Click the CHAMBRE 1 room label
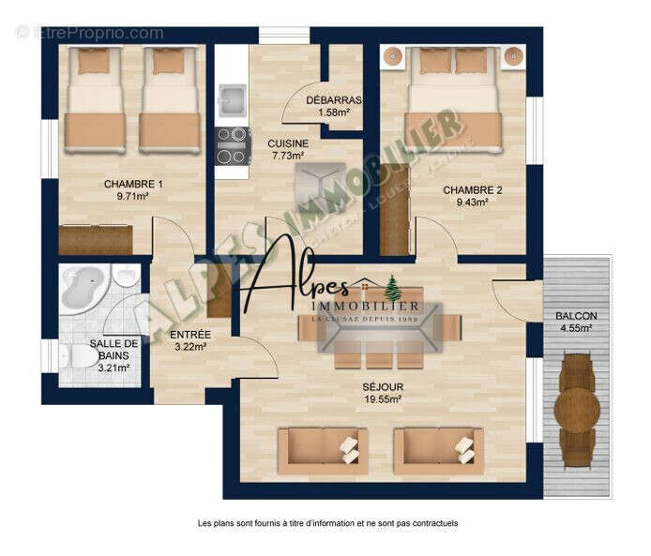[x=133, y=184]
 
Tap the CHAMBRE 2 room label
[x=472, y=189]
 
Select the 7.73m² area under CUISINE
[x=287, y=156]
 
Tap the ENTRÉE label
[x=189, y=335]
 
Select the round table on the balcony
[x=576, y=405]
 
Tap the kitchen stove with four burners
[x=233, y=145]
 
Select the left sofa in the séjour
[x=322, y=449]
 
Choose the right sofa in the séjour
[x=436, y=449]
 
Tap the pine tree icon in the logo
[x=391, y=284]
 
